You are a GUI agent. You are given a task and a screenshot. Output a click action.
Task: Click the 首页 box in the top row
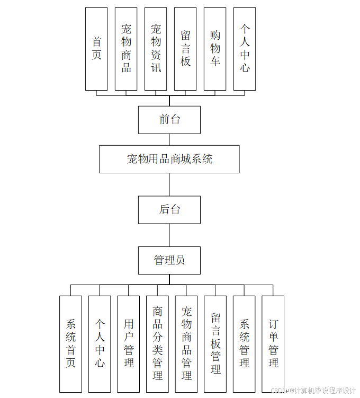tap(96, 49)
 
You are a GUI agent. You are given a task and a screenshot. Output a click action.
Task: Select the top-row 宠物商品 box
tap(126, 49)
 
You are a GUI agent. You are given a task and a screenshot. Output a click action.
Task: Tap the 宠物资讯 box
tap(156, 49)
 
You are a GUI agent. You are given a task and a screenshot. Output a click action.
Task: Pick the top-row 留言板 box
tap(185, 49)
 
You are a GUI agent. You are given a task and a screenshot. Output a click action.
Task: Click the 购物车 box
tap(215, 49)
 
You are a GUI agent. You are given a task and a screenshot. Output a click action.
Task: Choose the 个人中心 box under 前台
tap(245, 49)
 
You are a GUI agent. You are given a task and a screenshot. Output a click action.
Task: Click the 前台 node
tap(169, 120)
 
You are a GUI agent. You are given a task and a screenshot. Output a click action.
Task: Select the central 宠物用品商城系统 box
tap(169, 159)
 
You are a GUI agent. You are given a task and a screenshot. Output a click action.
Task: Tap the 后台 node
tap(169, 210)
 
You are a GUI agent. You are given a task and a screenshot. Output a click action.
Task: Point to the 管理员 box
tap(169, 260)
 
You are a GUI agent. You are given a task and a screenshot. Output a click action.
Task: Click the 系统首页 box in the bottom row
tap(70, 344)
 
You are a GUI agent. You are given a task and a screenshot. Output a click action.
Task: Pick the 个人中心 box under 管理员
tap(100, 344)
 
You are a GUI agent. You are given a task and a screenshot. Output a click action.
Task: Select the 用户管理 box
tap(129, 344)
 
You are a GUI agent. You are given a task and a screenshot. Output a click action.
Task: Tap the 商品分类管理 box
tap(157, 344)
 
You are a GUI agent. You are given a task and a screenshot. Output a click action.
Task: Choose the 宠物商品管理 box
tap(186, 344)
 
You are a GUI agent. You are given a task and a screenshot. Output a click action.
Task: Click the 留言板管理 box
tap(215, 344)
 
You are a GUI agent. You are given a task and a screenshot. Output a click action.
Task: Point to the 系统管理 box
tap(244, 344)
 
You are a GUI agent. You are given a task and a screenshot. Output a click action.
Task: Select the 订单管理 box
tap(273, 344)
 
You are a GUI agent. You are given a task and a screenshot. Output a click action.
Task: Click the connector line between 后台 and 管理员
tap(169, 235)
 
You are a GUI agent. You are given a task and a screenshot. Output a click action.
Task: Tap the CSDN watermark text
tap(313, 391)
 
